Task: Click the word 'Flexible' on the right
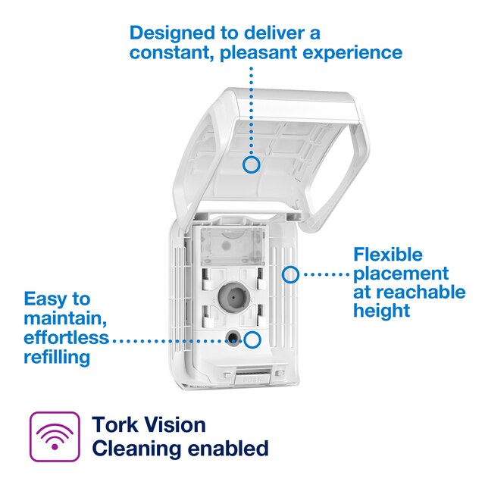(x=388, y=255)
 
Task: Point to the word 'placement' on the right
(x=401, y=273)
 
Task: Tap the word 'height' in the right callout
(x=381, y=311)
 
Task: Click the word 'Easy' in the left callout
(x=47, y=299)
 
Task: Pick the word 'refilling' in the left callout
(x=57, y=356)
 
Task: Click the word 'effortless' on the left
(x=66, y=337)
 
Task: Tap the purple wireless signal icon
(x=54, y=436)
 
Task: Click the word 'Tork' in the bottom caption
(x=117, y=424)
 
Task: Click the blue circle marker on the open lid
(x=252, y=163)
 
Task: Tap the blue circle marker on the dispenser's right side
(x=290, y=274)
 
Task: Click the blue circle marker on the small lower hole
(x=252, y=340)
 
